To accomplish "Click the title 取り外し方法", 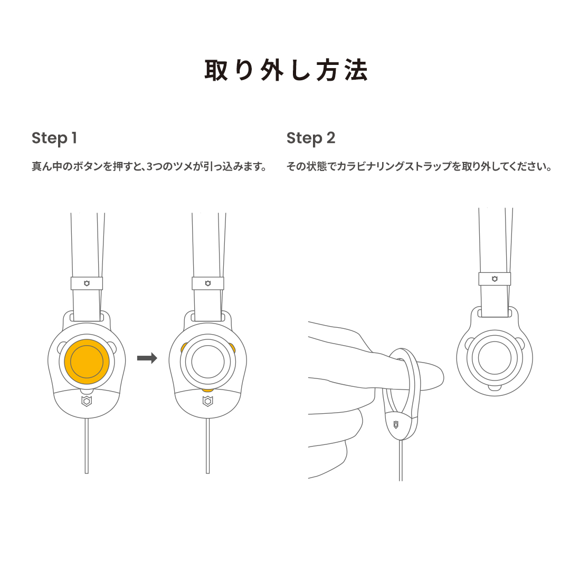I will coord(286,71).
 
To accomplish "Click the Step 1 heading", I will coord(54,138).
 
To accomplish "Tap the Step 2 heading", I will coord(311,138).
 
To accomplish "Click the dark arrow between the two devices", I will coord(147,359).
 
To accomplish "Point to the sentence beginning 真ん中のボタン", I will coord(148,167).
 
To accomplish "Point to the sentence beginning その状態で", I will coord(419,167).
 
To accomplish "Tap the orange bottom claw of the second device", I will coord(208,389).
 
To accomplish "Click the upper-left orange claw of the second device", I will coord(184,347).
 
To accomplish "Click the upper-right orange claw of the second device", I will coord(232,347).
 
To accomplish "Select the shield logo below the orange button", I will coord(87,402).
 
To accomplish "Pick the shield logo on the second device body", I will coord(208,402).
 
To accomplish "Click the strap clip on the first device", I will coord(87,283).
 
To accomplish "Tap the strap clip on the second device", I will coord(208,283).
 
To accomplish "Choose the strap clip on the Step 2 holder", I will coord(495,279).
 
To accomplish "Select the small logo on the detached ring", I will coord(396,424).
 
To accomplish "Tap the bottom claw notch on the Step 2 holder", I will coord(495,388).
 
